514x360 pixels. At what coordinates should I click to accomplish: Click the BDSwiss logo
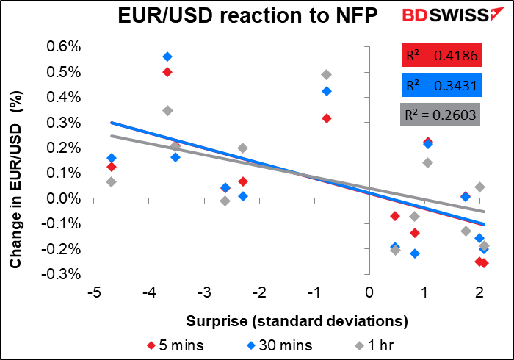440,17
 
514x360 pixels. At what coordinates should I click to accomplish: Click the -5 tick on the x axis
94,293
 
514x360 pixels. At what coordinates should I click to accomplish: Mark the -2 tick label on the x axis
259,293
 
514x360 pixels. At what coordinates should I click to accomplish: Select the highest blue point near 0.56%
167,57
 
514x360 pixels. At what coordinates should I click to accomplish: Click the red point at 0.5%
167,72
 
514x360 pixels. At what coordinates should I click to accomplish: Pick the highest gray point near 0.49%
326,75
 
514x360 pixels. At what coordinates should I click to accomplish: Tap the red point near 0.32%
327,118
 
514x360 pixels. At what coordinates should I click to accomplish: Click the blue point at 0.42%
327,91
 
